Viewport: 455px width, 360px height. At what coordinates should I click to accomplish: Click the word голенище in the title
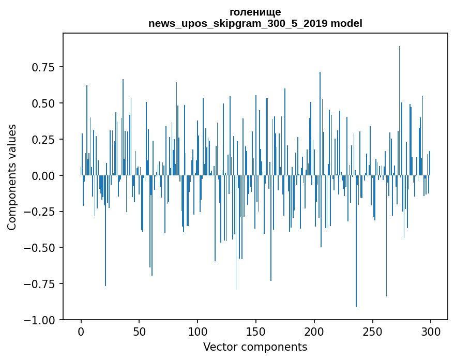(x=255, y=12)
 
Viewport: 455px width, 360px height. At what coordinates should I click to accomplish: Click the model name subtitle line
(x=255, y=23)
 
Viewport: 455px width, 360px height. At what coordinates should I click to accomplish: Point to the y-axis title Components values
(x=11, y=177)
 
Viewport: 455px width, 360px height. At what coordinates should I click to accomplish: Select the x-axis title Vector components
(x=255, y=347)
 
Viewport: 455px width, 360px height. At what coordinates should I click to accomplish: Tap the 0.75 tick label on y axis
(x=43, y=67)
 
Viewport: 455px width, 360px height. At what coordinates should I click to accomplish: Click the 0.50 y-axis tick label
(x=43, y=103)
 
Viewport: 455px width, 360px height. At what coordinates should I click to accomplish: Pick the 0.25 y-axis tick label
(x=43, y=140)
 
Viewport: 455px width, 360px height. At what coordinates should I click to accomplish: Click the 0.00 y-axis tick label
(x=43, y=176)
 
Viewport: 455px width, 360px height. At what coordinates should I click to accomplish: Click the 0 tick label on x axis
(x=81, y=332)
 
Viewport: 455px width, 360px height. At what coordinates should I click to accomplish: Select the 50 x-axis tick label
(x=139, y=332)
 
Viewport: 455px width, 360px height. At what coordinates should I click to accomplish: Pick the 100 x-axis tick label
(x=198, y=332)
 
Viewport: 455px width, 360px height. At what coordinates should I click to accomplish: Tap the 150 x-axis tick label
(x=256, y=332)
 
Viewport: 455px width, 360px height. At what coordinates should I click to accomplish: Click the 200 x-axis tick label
(x=314, y=332)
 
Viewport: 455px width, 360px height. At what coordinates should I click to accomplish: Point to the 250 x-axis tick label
(x=372, y=332)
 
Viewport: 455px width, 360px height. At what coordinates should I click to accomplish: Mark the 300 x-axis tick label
(x=430, y=332)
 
